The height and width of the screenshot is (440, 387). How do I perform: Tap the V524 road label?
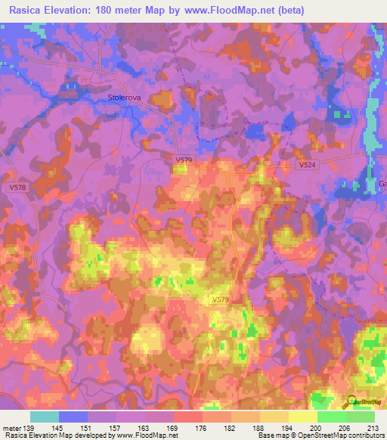click(x=307, y=164)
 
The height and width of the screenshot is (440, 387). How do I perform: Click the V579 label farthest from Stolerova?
click(x=220, y=300)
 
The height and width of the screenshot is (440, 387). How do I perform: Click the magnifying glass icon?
click(x=351, y=403)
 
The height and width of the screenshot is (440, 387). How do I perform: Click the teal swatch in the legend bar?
click(x=45, y=417)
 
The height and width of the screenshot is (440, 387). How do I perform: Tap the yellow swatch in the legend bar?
click(x=302, y=417)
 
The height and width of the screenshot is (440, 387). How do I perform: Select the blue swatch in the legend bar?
click(x=73, y=417)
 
